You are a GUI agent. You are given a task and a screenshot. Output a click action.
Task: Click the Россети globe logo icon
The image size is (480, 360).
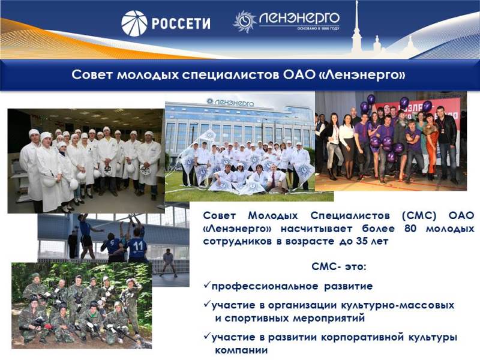pyautogui.click(x=134, y=23)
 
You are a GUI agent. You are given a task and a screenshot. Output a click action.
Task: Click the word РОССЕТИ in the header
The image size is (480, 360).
pyautogui.click(x=181, y=23)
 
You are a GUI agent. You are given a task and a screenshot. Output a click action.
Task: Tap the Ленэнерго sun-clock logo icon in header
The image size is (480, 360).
pyautogui.click(x=245, y=21)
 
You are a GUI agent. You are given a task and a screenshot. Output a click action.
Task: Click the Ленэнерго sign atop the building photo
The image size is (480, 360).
pyautogui.click(x=230, y=102)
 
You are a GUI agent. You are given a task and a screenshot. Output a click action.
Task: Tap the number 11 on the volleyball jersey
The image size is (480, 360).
pyautogui.click(x=138, y=245)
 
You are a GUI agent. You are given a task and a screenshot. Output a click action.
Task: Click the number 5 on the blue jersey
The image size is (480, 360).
pyautogui.click(x=112, y=244)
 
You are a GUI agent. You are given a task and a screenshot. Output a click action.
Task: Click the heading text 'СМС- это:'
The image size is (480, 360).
pyautogui.click(x=338, y=266)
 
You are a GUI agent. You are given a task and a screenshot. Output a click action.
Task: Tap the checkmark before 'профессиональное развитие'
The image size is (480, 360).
pyautogui.click(x=207, y=286)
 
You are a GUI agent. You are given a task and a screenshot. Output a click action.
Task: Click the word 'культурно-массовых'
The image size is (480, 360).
pyautogui.click(x=397, y=305)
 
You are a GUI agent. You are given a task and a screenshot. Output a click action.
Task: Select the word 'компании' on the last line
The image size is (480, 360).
pyautogui.click(x=241, y=350)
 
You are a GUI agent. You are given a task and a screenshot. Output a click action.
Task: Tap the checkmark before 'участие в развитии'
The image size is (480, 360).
pyautogui.click(x=207, y=337)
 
